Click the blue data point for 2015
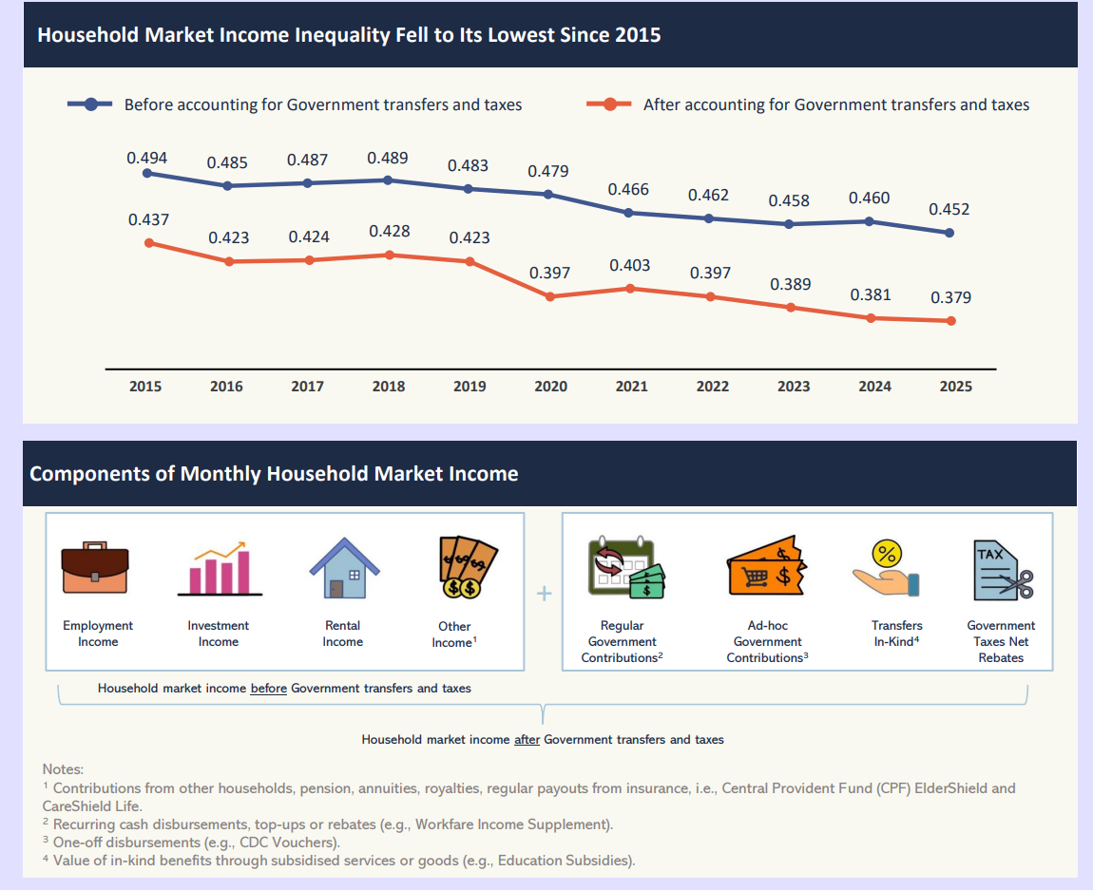click(146, 173)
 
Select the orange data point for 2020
click(550, 296)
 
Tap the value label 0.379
click(950, 297)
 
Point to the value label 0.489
click(388, 158)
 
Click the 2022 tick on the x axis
click(712, 387)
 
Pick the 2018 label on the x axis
click(388, 387)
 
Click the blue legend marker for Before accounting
click(91, 104)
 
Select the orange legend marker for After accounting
click(609, 104)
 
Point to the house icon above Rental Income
click(343, 568)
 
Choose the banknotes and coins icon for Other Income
click(467, 567)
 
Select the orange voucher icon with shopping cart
click(766, 570)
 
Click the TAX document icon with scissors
click(1002, 570)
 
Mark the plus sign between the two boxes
click(544, 594)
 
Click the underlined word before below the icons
click(268, 688)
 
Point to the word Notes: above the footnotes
click(63, 768)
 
